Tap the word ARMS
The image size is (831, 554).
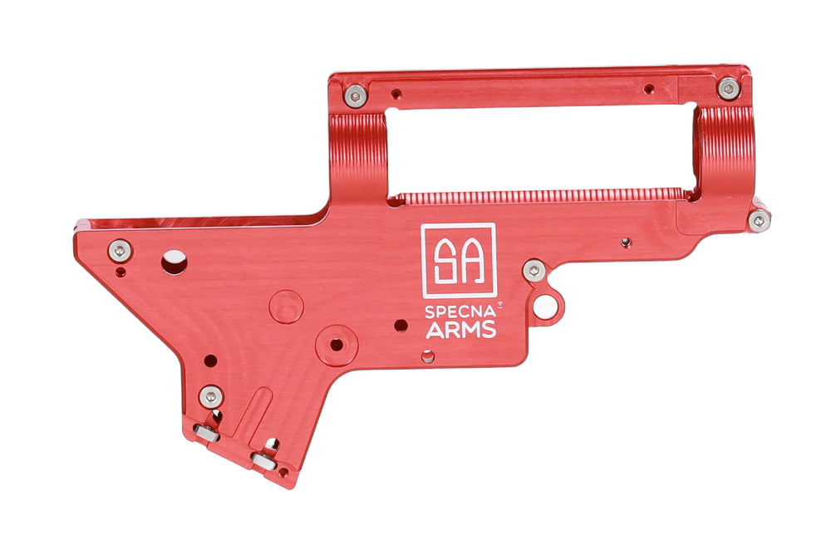click(x=461, y=330)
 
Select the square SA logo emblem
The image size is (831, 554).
click(x=459, y=261)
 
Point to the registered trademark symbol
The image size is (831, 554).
click(x=499, y=305)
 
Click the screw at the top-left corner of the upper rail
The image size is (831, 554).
click(x=355, y=96)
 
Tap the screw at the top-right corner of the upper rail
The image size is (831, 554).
click(x=729, y=89)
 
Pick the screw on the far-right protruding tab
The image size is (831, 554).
click(x=760, y=220)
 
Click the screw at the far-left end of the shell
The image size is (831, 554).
click(x=120, y=251)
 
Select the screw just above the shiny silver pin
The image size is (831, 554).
click(x=534, y=271)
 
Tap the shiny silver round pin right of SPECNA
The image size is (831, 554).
click(x=545, y=306)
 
